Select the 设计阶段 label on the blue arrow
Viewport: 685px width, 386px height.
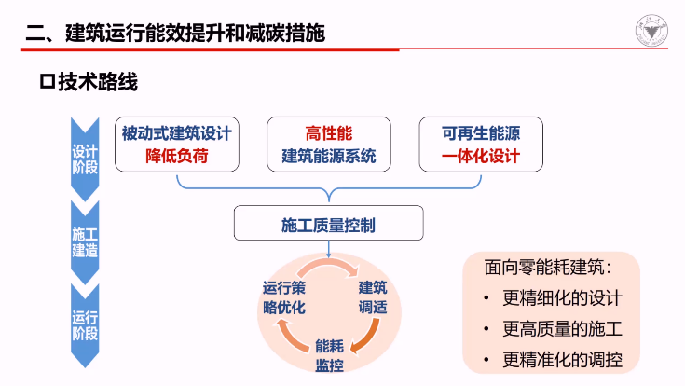tap(85, 159)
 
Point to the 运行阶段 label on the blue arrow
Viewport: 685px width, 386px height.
tap(85, 324)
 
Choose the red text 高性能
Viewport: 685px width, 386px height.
tap(329, 133)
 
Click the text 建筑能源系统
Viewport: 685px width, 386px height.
tap(329, 156)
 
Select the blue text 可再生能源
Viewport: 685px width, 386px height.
tap(481, 133)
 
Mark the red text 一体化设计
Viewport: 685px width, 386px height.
tap(481, 156)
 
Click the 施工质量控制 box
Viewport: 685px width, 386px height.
tap(329, 224)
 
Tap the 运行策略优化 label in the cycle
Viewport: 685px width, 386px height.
tap(284, 296)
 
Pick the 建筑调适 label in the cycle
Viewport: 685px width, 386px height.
tap(373, 296)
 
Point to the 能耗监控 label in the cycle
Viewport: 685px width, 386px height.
tap(329, 354)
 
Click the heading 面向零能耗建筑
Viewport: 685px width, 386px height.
tap(548, 268)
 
